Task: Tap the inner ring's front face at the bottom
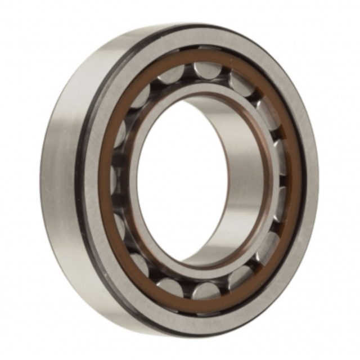click(191, 269)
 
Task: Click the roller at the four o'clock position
click(267, 247)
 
